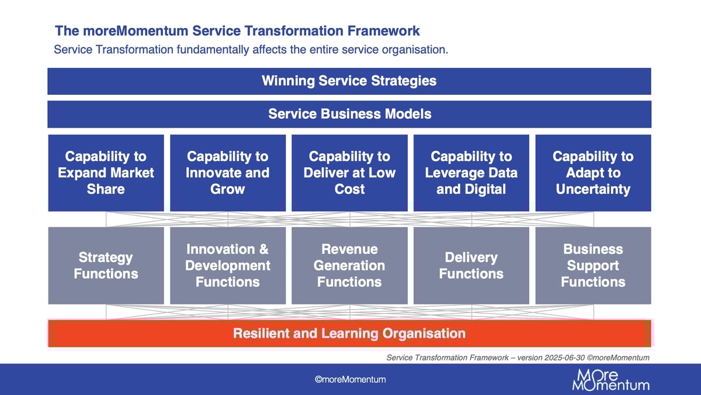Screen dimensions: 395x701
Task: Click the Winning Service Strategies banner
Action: (x=349, y=81)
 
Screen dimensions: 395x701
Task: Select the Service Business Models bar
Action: (x=349, y=114)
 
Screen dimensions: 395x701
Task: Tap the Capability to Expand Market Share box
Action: (x=106, y=173)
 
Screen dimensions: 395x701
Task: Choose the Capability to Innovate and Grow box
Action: (x=227, y=173)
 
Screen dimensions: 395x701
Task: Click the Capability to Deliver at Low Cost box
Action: (x=349, y=173)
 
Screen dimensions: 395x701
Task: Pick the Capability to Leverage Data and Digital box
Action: (x=471, y=173)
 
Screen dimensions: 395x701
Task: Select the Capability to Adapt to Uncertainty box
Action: (x=593, y=173)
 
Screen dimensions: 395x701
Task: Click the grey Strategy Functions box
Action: (x=106, y=266)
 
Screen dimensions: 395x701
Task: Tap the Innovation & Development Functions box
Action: (x=227, y=266)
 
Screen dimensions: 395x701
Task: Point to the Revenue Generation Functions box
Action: (x=349, y=266)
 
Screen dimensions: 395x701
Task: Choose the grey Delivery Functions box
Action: (x=471, y=266)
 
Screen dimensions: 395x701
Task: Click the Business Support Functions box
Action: (x=593, y=266)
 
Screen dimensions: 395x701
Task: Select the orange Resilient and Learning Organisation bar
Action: (x=349, y=334)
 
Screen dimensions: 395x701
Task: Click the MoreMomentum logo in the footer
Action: (x=610, y=380)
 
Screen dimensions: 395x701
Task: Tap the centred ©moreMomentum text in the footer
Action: (x=350, y=380)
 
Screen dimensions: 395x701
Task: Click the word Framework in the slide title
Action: (x=387, y=31)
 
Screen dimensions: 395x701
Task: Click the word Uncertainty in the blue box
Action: (x=593, y=189)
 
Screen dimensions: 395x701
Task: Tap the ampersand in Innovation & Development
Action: (x=262, y=249)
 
